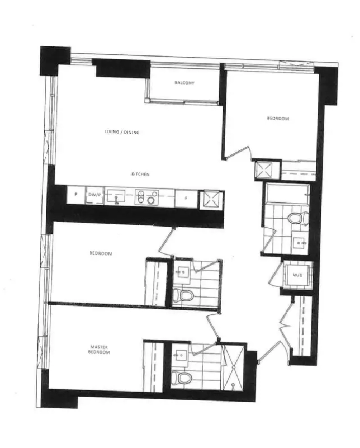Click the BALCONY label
pos(184,82)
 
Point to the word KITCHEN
pos(140,174)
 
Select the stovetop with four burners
pos(146,197)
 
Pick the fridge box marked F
pos(186,198)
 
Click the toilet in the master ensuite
pos(179,376)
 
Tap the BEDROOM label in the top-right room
pos(278,119)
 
